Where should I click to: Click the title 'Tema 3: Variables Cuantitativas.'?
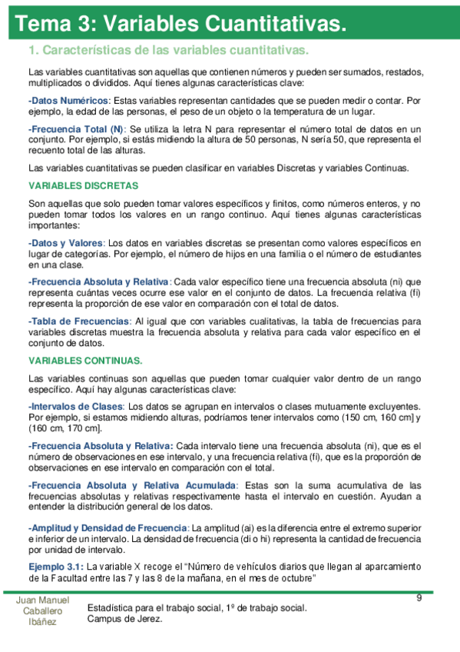(x=185, y=25)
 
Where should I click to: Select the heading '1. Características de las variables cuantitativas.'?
(x=168, y=52)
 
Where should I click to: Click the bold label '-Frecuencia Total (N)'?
(x=75, y=129)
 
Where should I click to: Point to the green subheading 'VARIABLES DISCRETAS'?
(x=83, y=185)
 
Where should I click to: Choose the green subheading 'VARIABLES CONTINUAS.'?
(x=85, y=361)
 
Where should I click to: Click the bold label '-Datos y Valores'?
(x=65, y=242)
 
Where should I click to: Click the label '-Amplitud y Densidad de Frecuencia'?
(x=108, y=528)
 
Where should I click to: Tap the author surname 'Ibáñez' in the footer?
(x=42, y=622)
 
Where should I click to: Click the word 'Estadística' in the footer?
(x=111, y=608)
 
